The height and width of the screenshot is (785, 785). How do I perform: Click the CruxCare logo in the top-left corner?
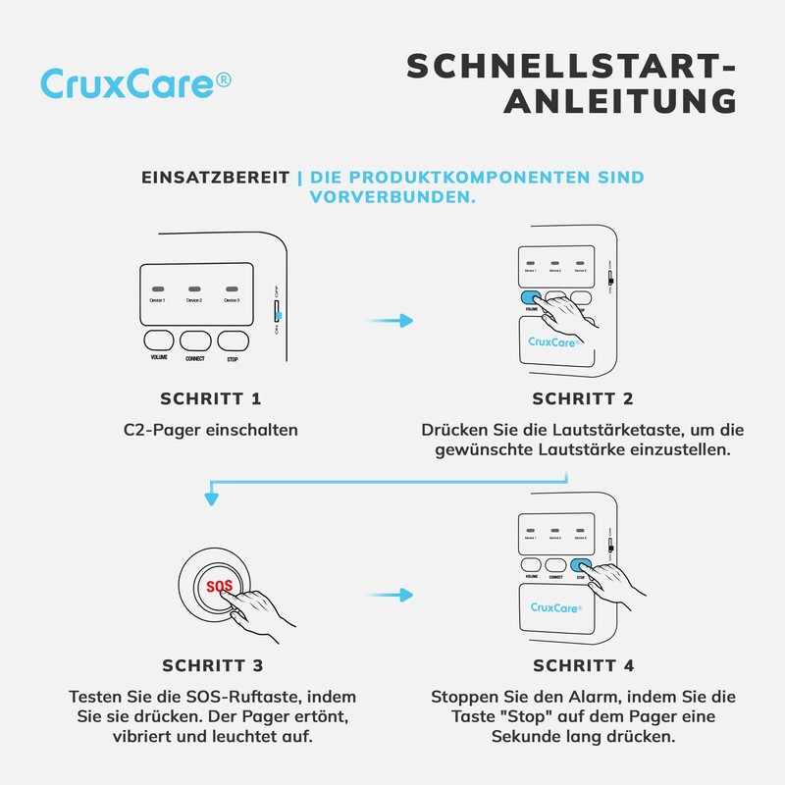(x=135, y=83)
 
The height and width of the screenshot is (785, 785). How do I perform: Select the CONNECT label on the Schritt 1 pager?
(x=195, y=359)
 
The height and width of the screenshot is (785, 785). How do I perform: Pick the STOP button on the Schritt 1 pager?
(x=232, y=340)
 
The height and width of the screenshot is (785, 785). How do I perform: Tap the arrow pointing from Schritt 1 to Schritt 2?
(x=396, y=320)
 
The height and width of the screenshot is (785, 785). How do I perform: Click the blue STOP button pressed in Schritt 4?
(x=581, y=565)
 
